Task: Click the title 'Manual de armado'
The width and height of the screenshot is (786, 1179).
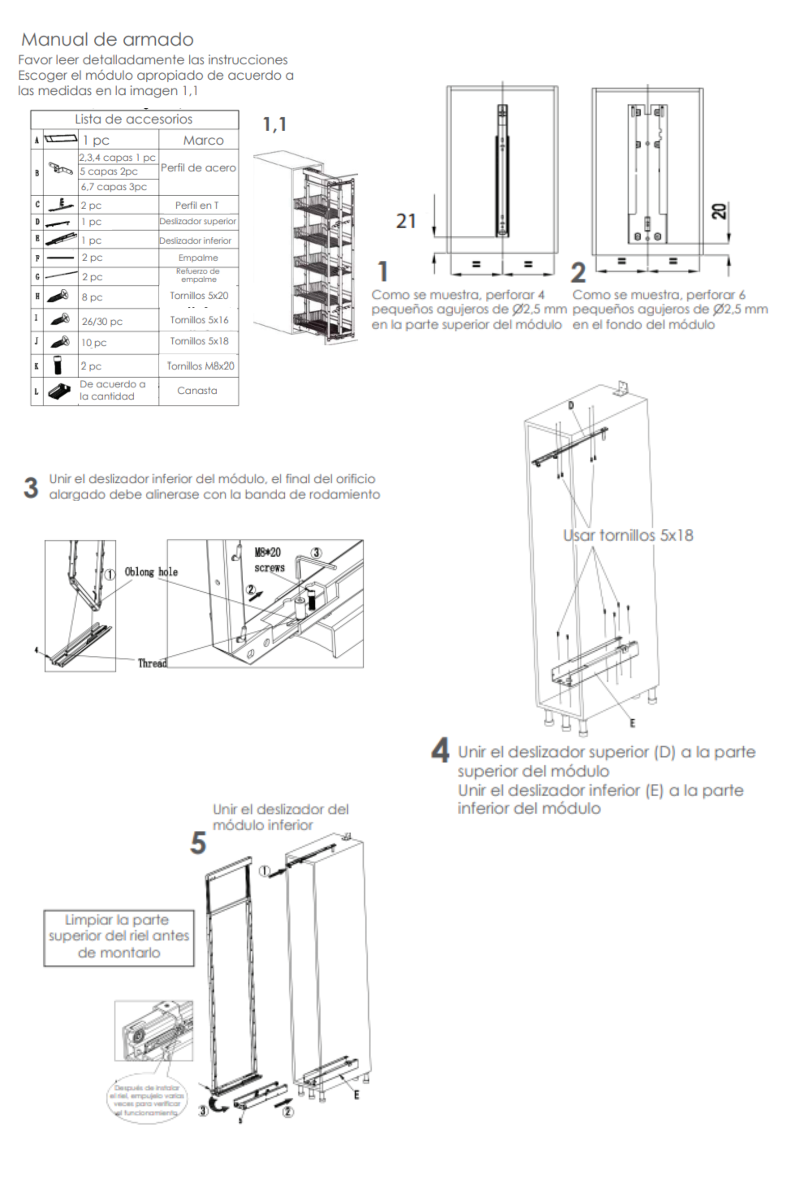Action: (x=107, y=40)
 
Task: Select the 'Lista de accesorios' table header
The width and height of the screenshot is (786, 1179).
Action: (x=134, y=119)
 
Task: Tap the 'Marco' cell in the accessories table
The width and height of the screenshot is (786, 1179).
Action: (x=203, y=140)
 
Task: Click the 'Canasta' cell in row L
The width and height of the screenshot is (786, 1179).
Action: (x=197, y=391)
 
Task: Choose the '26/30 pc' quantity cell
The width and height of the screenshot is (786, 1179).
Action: (x=102, y=321)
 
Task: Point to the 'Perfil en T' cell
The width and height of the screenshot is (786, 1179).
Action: (x=197, y=205)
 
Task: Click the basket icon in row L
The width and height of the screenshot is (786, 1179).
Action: (x=60, y=391)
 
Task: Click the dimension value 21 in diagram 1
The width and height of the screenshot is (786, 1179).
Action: (x=406, y=221)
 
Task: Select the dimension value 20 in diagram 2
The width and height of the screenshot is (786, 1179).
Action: (x=720, y=210)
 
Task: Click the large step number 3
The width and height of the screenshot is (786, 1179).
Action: (x=31, y=488)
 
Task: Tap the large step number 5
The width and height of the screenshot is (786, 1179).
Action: (x=198, y=843)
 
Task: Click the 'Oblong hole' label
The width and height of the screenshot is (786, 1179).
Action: (x=151, y=572)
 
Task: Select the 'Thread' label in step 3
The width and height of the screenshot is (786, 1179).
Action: (x=152, y=663)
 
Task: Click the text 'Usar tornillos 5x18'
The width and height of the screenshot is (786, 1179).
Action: (x=628, y=535)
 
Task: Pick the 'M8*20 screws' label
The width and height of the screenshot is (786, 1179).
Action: (x=269, y=560)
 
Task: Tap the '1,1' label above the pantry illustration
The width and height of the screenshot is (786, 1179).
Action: (x=275, y=124)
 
